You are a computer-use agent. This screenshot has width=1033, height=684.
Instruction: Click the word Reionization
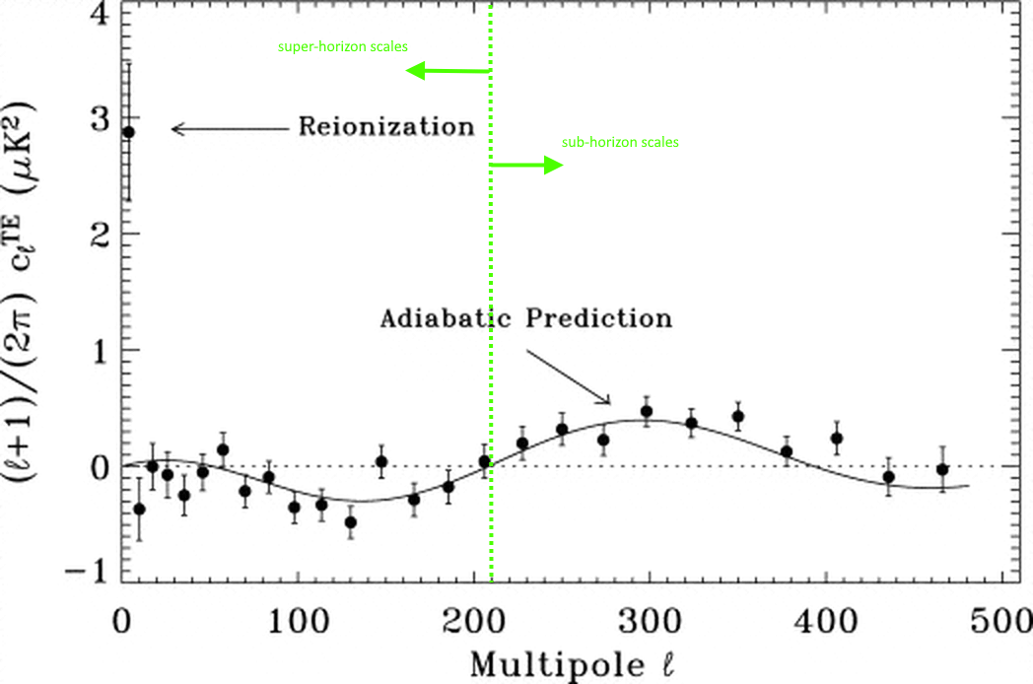click(x=386, y=127)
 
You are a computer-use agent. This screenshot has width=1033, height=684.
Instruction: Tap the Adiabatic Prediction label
click(x=526, y=319)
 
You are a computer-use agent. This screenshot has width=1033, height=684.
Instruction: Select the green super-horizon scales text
click(x=342, y=46)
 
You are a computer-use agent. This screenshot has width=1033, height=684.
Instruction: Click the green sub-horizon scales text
click(x=620, y=142)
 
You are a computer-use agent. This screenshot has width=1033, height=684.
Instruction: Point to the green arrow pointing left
click(x=448, y=71)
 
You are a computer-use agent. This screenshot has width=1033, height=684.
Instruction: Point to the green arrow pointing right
click(x=527, y=165)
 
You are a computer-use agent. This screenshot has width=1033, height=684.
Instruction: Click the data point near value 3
click(x=128, y=132)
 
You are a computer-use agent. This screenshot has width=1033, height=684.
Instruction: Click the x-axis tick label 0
click(x=121, y=624)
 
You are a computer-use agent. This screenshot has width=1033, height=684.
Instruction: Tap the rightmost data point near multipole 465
click(x=942, y=469)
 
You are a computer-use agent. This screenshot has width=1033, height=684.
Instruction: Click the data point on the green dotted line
click(x=485, y=460)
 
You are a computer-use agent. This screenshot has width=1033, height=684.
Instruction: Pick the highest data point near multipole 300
click(x=647, y=411)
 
